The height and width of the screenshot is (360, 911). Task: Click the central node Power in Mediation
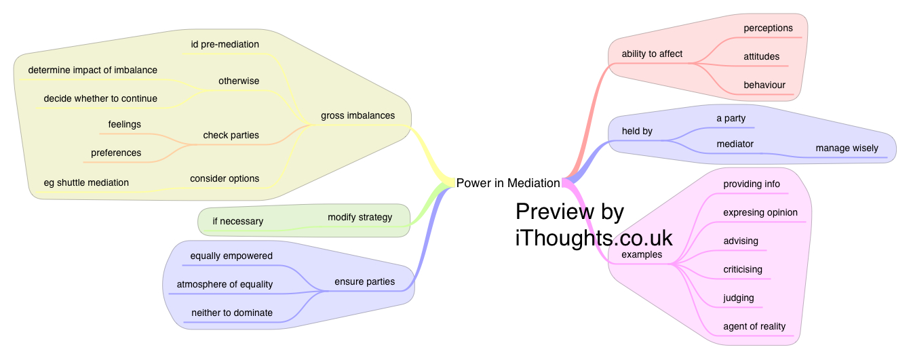click(x=508, y=183)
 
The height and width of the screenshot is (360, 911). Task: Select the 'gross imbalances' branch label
click(x=357, y=115)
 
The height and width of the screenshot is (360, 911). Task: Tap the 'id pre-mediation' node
click(x=225, y=45)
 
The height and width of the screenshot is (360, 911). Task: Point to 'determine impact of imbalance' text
click(x=92, y=71)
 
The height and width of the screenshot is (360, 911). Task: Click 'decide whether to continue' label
click(x=100, y=99)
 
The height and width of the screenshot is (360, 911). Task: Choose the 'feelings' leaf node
click(x=124, y=125)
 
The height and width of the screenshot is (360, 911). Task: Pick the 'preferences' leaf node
click(x=116, y=153)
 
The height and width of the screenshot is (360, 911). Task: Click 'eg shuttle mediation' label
click(x=86, y=182)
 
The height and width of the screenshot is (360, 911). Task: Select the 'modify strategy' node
click(x=360, y=218)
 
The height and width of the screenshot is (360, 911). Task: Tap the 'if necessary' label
click(x=237, y=221)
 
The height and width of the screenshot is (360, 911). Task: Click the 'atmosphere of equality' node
click(x=225, y=285)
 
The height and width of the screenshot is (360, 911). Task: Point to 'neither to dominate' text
click(x=232, y=313)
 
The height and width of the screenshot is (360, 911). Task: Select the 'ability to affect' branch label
click(x=652, y=54)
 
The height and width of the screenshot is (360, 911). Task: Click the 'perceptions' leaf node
click(x=768, y=28)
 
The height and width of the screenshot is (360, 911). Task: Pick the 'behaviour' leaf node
click(x=764, y=85)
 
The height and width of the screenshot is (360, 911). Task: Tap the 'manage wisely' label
click(x=847, y=148)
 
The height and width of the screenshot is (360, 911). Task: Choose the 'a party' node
click(x=731, y=119)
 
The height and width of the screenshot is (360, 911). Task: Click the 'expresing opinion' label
click(x=760, y=213)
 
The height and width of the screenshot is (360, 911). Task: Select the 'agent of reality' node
click(x=754, y=327)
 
